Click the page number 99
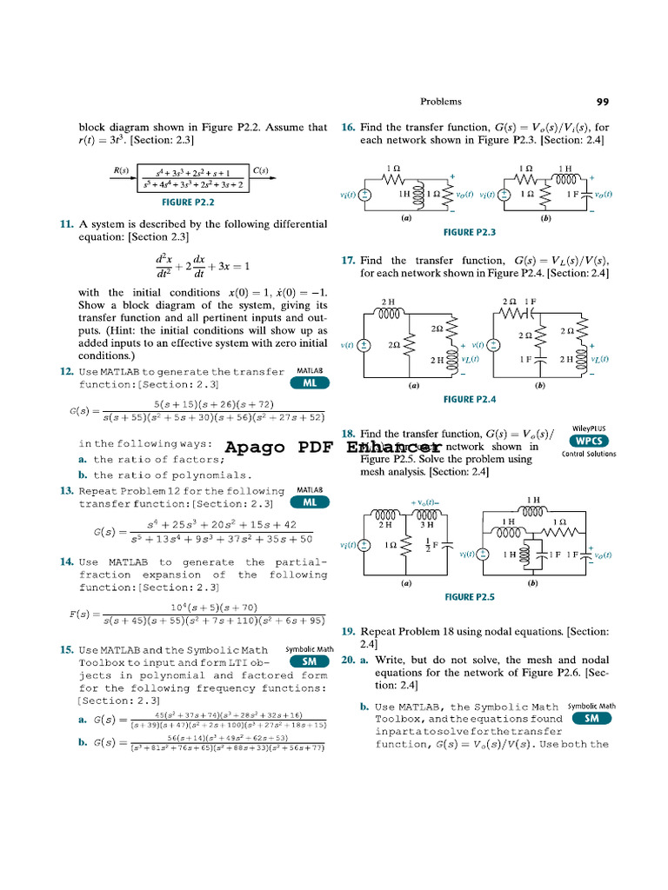tap(603, 102)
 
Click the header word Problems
tap(441, 102)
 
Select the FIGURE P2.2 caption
tap(189, 203)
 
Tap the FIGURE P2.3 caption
tap(470, 233)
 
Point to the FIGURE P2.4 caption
tap(470, 399)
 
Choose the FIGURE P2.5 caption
tap(470, 597)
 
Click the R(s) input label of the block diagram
tap(120, 170)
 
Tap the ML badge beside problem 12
tap(310, 383)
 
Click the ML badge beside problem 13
tap(310, 502)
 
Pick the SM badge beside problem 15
tap(310, 661)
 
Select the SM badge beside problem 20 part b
tap(591, 719)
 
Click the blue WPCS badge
tap(590, 441)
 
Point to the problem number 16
tap(348, 127)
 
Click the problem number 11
tap(66, 224)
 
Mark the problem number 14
tap(66, 562)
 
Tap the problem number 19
tap(348, 631)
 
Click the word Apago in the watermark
tap(254, 448)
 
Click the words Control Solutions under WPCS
tap(590, 454)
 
